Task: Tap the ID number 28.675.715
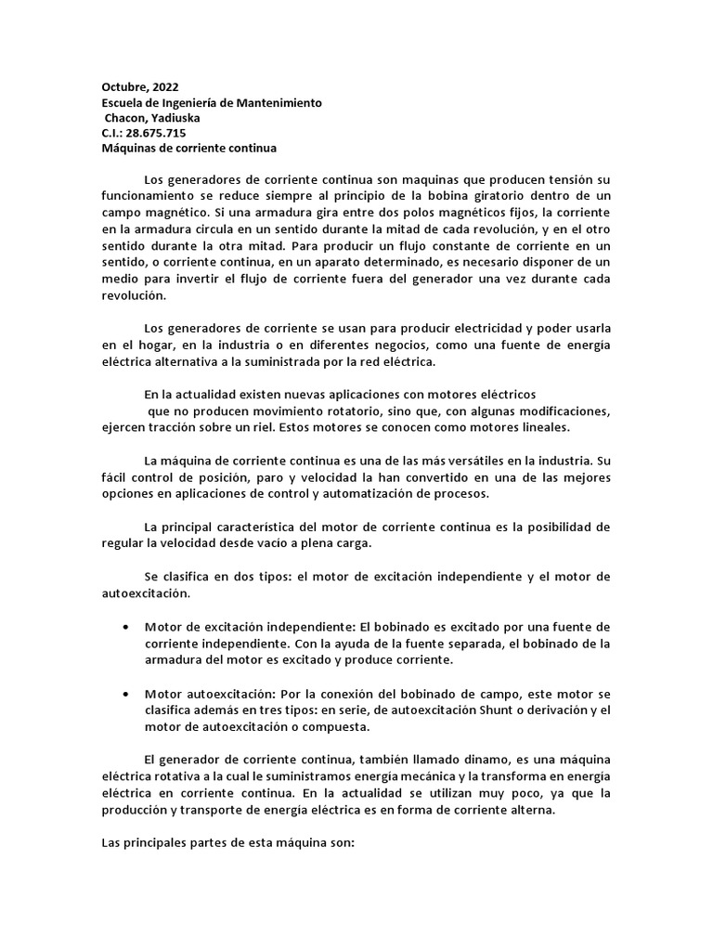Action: pos(155,133)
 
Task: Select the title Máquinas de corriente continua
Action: pos(189,148)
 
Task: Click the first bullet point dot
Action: pos(125,628)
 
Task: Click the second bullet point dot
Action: pos(125,695)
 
